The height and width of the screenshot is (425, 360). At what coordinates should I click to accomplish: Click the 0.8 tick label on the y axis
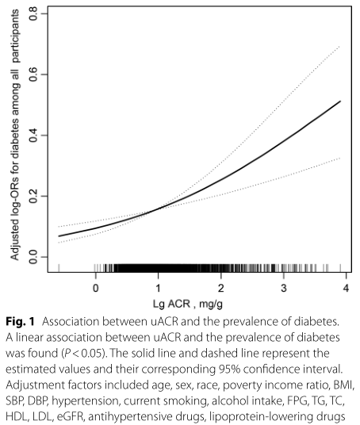33,13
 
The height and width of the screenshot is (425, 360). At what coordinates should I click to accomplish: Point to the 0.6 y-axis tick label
33,75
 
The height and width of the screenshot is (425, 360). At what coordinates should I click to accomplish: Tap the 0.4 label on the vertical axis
33,135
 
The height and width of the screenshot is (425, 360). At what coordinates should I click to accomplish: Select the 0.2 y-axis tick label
33,196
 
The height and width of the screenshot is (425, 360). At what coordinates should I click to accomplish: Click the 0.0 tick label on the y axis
33,257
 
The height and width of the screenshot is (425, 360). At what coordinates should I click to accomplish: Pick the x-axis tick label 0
95,288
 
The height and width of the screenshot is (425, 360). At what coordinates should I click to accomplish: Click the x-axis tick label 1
158,288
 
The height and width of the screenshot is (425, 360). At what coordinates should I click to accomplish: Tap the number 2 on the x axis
221,288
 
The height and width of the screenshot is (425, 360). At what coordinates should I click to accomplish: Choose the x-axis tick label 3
284,288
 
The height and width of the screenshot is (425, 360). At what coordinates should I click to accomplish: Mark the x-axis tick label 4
346,288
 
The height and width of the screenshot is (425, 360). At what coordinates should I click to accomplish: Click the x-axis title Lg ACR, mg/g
188,304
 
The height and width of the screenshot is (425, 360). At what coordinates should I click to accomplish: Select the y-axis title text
14,135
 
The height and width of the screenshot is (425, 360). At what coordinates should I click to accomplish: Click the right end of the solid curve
340,101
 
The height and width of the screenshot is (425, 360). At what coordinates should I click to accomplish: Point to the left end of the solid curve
59,236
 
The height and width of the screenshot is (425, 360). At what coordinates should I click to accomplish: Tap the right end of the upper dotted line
340,46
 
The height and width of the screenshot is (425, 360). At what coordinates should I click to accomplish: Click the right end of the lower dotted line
340,158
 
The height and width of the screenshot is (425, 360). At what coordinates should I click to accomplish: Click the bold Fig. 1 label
20,322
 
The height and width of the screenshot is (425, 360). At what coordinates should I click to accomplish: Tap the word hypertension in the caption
85,401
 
